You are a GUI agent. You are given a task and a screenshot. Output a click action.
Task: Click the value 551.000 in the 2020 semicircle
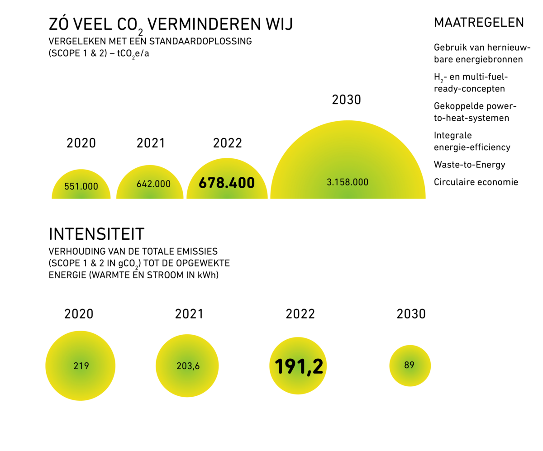[x=81, y=186]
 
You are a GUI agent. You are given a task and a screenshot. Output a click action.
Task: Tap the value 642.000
[x=153, y=184]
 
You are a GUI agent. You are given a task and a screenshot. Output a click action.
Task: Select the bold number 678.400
[x=227, y=183]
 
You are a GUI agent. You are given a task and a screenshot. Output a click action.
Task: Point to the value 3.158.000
[x=348, y=182]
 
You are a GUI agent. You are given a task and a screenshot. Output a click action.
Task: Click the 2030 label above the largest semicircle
[x=347, y=100]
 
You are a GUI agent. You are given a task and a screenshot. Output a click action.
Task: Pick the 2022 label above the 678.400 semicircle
[x=228, y=143]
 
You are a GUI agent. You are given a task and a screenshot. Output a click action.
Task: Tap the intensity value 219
[x=81, y=366]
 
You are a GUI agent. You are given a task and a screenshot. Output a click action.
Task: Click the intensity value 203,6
[x=188, y=366]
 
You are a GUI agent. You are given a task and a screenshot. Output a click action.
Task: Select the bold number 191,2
[x=299, y=366]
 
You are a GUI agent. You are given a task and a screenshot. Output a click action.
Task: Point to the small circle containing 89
[x=410, y=365]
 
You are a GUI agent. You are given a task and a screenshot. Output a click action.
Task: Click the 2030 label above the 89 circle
[x=411, y=314]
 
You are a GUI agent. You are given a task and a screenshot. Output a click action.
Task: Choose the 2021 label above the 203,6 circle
[x=189, y=314]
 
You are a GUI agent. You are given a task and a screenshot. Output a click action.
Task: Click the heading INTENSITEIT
[x=96, y=234]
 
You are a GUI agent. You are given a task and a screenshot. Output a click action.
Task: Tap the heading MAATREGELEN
[x=479, y=23]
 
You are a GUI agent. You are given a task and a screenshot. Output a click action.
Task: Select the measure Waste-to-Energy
[x=469, y=165]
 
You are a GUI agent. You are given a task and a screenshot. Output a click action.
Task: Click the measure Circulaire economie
[x=476, y=182]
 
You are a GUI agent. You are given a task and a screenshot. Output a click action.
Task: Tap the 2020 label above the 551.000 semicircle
[x=81, y=143]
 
